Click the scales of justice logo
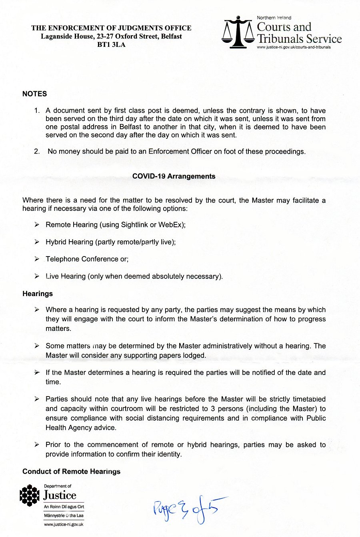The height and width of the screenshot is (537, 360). [238, 32]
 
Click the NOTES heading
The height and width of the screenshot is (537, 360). [34, 94]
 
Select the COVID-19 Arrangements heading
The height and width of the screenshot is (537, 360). [174, 176]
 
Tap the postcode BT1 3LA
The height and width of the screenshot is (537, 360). [111, 44]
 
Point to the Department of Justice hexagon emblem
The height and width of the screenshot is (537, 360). [30, 495]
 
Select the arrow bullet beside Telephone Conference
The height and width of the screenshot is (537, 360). [37, 259]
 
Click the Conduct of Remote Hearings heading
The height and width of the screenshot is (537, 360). [71, 471]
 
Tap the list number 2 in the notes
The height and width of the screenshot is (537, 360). [37, 152]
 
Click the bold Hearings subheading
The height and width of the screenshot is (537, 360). [38, 294]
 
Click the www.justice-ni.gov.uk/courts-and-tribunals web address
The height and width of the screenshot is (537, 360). [294, 47]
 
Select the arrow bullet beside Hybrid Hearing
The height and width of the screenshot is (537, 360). [37, 242]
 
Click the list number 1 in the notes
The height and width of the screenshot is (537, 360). [37, 111]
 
